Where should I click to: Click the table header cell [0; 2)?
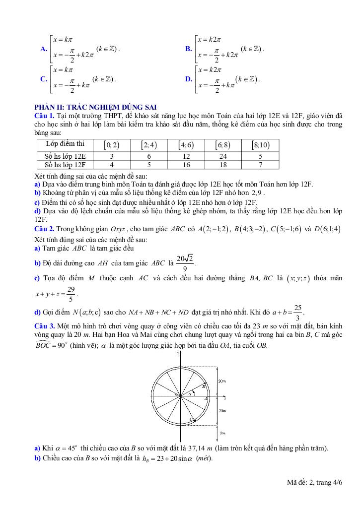tap(111, 145)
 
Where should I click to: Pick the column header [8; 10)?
tap(261, 145)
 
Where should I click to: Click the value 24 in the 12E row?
tap(223, 156)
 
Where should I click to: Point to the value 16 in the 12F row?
tap(186, 164)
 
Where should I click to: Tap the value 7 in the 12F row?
tap(261, 164)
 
